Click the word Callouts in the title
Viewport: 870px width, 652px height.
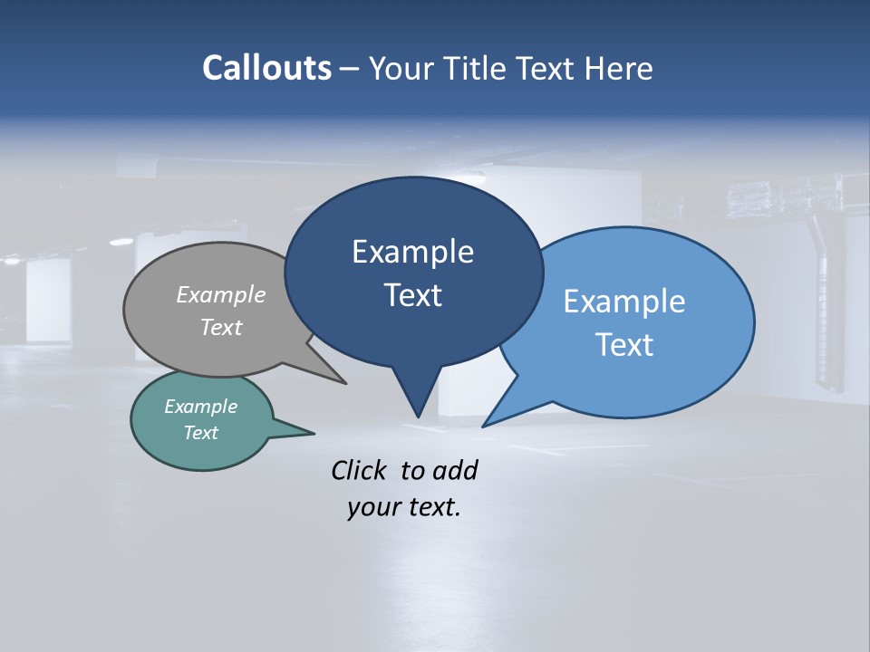(266, 68)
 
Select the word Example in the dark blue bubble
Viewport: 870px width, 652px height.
(412, 252)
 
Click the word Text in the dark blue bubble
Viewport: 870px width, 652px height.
(412, 295)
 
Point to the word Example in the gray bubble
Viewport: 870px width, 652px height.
(221, 294)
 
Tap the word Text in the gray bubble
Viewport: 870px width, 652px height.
(221, 327)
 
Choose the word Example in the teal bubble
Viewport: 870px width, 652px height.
(201, 407)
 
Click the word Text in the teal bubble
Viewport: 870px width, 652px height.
(201, 433)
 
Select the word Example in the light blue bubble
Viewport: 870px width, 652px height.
(624, 302)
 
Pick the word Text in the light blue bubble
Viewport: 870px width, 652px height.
(624, 345)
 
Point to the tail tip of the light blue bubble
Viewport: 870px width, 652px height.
(486, 424)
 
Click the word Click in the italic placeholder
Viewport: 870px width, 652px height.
(359, 470)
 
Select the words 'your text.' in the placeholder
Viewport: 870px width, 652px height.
(404, 507)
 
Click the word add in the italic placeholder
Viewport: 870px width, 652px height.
(455, 470)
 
